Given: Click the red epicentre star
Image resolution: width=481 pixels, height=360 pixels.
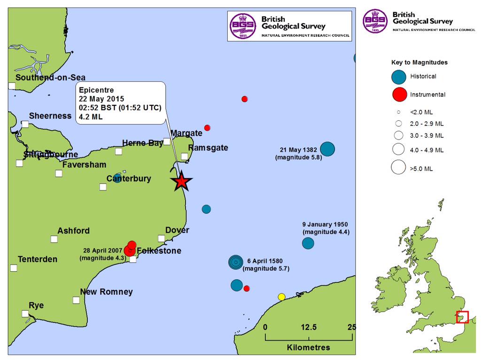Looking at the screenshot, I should [181, 181].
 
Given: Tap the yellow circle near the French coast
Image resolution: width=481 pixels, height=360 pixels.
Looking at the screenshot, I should [281, 297].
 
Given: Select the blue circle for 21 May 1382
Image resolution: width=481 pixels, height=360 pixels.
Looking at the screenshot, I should [327, 149].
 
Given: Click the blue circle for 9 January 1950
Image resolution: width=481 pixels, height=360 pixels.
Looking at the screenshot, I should [308, 243].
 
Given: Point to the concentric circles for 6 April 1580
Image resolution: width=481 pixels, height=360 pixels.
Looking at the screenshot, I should [236, 262].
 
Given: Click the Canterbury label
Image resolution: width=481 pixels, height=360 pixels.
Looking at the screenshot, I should [129, 179].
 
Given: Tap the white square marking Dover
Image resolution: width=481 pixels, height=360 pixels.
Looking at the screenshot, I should [161, 238].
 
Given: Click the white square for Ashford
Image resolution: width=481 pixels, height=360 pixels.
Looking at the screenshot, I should [54, 239].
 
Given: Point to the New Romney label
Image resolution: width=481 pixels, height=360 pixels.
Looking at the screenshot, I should [106, 292].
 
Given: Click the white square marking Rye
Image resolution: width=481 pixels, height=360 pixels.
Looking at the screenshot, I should [25, 313].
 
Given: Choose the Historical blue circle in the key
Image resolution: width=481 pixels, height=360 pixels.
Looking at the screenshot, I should [399, 77].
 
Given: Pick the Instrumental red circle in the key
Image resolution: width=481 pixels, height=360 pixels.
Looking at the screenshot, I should [399, 95].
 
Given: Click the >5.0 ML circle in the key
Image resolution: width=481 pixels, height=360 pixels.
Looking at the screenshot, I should [399, 167].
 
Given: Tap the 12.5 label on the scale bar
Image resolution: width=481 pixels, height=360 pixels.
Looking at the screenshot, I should [309, 327].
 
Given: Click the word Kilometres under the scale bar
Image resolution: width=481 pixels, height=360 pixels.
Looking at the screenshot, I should [308, 348].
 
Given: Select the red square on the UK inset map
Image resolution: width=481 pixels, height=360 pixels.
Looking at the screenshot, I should [462, 317].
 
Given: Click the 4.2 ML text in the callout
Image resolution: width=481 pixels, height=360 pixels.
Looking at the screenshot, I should [91, 117].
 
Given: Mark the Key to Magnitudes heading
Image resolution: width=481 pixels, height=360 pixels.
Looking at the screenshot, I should [419, 62].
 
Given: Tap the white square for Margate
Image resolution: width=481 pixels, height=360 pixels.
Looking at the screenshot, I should [167, 141].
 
